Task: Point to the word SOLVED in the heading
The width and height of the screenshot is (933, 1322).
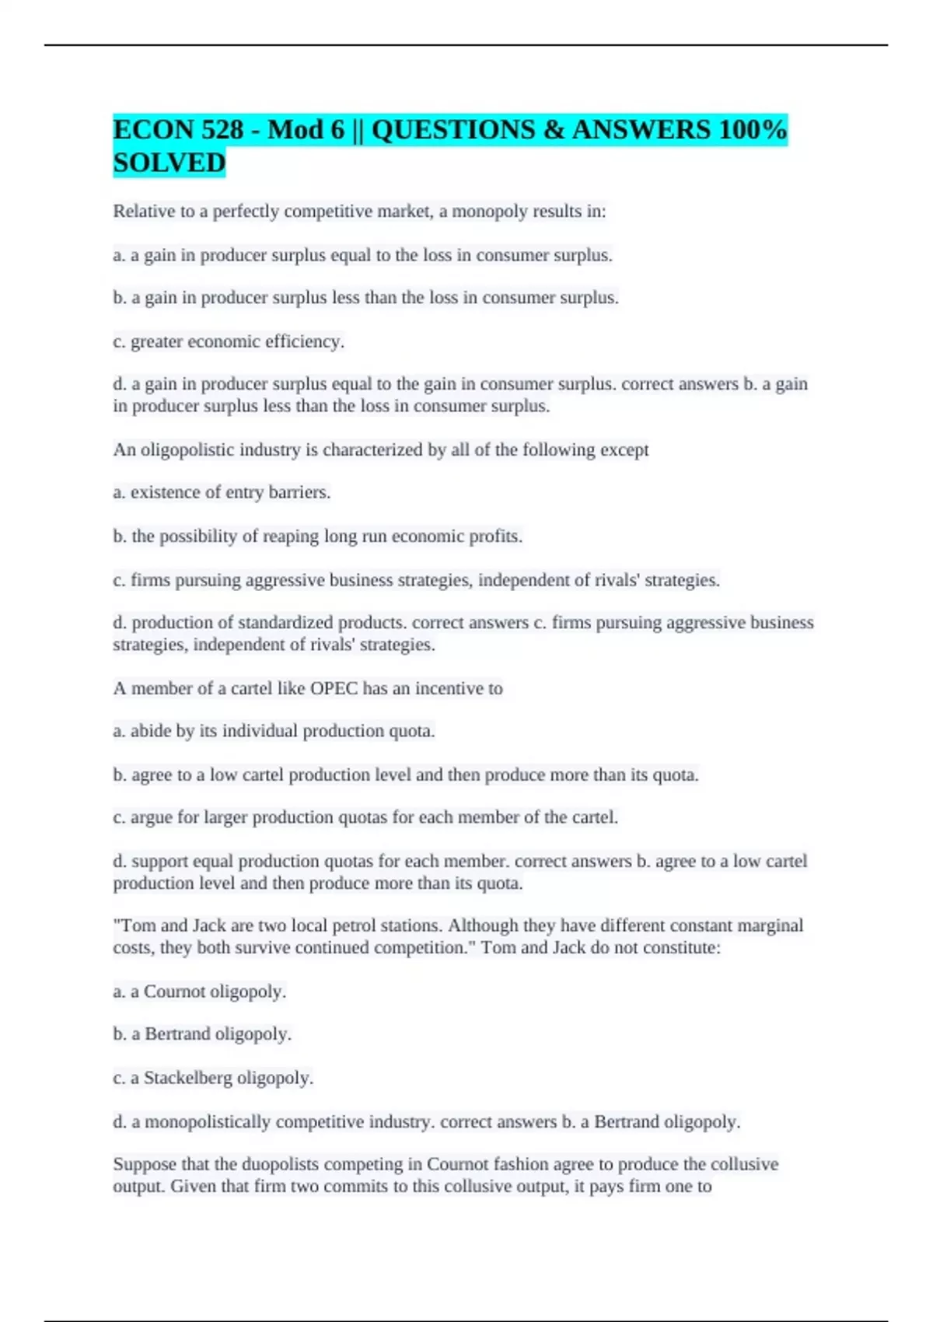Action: point(169,163)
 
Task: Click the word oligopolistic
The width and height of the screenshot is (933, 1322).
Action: point(187,449)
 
